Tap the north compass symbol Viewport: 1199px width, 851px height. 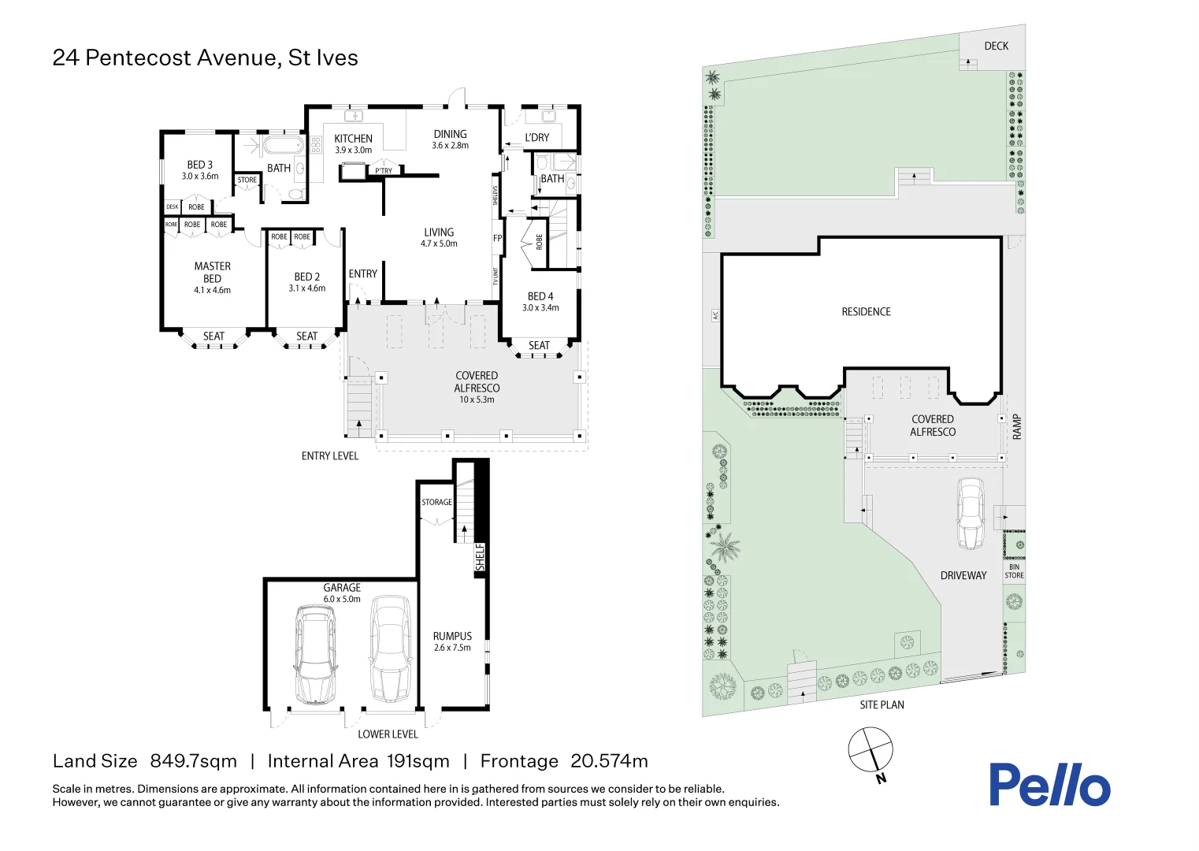(x=870, y=749)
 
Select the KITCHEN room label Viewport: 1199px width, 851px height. (x=353, y=139)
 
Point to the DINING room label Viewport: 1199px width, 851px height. (x=450, y=135)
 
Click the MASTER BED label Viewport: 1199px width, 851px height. (x=213, y=273)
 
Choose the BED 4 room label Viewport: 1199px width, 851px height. (x=540, y=297)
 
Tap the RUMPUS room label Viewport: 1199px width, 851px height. (x=452, y=637)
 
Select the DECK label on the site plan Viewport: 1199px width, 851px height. (x=996, y=46)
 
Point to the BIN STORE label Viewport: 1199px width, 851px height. (x=1014, y=571)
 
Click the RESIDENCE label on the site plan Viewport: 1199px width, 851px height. (x=866, y=312)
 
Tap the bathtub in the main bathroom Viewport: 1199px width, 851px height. (x=282, y=146)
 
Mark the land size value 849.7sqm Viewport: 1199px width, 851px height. (x=193, y=761)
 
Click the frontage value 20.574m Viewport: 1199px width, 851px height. (x=609, y=761)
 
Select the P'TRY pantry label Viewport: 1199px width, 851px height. (x=384, y=171)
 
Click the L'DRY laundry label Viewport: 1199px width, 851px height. (x=537, y=138)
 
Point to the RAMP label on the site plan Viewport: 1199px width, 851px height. (x=1016, y=426)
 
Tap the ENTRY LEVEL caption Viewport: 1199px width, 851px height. (x=329, y=456)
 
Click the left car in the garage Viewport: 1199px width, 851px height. (x=315, y=654)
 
